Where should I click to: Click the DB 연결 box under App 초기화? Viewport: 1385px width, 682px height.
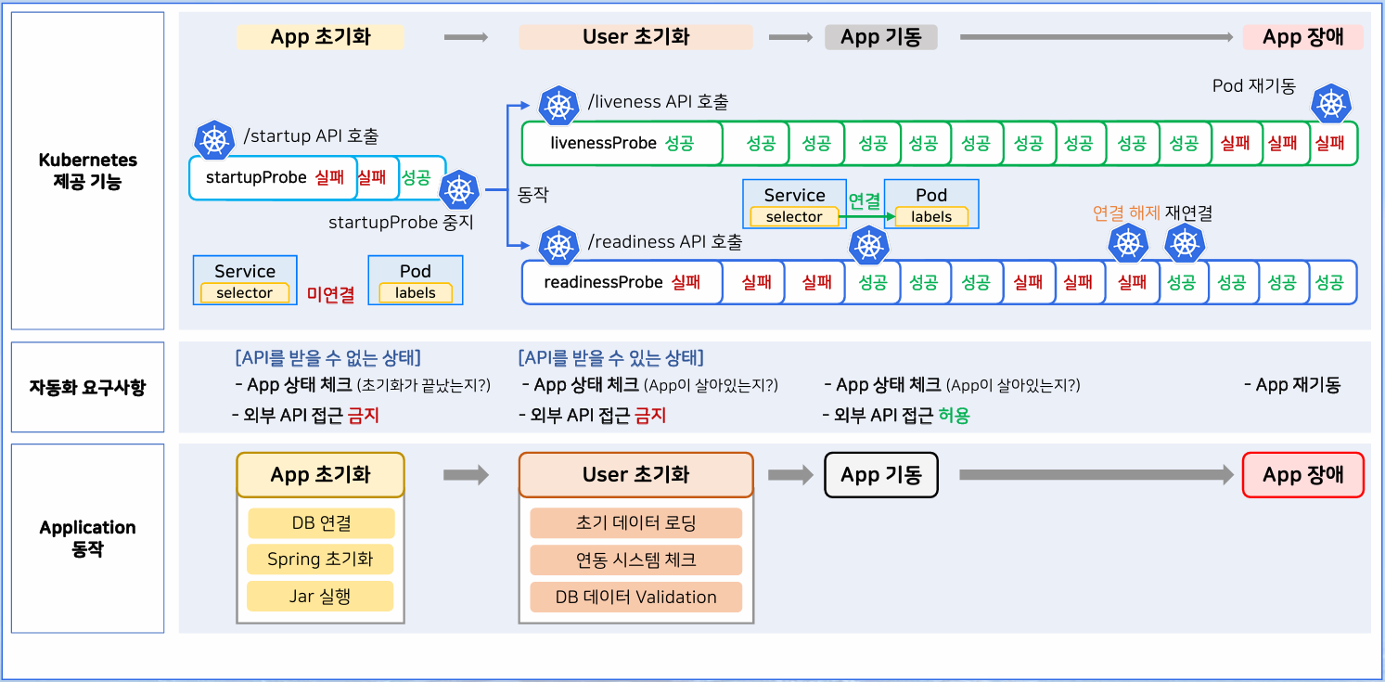point(321,523)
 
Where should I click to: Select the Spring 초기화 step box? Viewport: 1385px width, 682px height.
point(321,560)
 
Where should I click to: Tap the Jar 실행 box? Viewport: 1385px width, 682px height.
point(321,596)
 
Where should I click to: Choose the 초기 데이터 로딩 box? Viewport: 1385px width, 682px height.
point(635,523)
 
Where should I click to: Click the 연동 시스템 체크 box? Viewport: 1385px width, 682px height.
point(635,560)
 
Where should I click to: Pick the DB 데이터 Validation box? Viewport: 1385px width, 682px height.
point(635,597)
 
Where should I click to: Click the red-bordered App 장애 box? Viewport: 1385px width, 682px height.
point(1302,475)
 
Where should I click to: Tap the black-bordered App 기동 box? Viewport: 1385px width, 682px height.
point(880,475)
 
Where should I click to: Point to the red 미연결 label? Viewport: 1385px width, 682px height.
point(331,294)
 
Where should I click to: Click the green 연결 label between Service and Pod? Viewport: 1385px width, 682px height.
point(865,201)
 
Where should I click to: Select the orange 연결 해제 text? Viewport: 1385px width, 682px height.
point(1126,213)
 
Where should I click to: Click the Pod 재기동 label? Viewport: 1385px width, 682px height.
point(1253,85)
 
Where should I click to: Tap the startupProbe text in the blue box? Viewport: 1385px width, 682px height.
point(256,177)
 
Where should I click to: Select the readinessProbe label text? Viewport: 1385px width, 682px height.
point(603,282)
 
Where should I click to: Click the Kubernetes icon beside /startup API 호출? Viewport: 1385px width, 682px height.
point(215,139)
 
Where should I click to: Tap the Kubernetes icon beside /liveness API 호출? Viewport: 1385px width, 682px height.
point(558,105)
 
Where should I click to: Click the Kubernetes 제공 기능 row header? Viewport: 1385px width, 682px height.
point(87,171)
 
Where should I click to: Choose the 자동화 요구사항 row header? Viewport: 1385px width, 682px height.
point(87,387)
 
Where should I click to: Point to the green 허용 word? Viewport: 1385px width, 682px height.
point(954,416)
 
